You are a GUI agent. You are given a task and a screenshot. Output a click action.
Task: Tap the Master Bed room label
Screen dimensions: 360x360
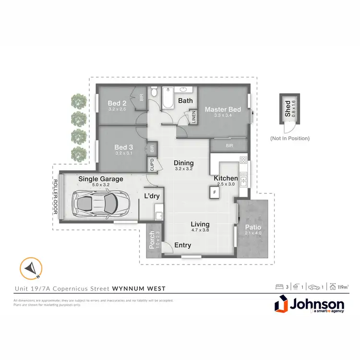tap(223, 109)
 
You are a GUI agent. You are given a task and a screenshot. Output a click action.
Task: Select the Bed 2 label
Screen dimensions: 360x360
tap(117, 103)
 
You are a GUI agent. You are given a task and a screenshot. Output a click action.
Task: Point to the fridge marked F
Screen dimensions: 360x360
tap(214, 192)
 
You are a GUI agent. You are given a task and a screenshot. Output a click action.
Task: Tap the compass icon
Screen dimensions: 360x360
tap(31, 268)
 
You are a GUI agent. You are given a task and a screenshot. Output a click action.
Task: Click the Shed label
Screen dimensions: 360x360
tap(288, 108)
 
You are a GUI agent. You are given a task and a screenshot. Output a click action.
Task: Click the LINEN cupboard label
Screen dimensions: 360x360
tap(194, 117)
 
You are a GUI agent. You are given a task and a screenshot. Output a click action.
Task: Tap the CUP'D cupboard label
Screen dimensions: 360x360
tap(152, 164)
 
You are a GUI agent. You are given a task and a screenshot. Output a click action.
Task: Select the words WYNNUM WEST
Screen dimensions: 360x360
tap(139, 288)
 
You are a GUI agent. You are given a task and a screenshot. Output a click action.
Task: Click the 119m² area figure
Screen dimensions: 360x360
tap(342, 287)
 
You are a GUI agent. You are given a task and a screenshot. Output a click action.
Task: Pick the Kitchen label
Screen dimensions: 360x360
tap(226, 178)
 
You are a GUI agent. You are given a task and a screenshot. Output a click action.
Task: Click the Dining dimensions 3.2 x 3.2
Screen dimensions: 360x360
tap(183, 169)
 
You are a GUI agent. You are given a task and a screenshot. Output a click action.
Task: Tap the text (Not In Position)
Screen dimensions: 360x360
tap(289, 138)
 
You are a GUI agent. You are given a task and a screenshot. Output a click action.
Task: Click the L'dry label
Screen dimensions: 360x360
tap(152, 196)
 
